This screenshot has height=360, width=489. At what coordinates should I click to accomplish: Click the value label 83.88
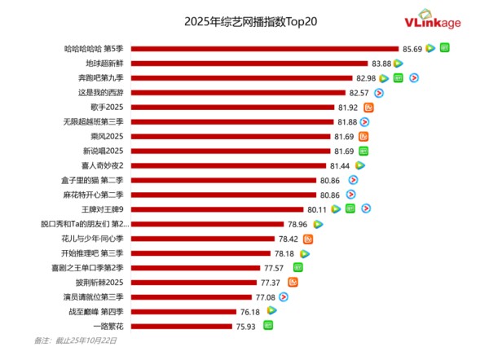(381, 63)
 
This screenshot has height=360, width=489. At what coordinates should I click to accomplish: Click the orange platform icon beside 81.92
(368, 108)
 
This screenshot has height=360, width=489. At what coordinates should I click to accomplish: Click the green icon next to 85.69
(444, 48)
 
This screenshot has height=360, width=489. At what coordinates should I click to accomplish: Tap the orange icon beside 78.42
(308, 239)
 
